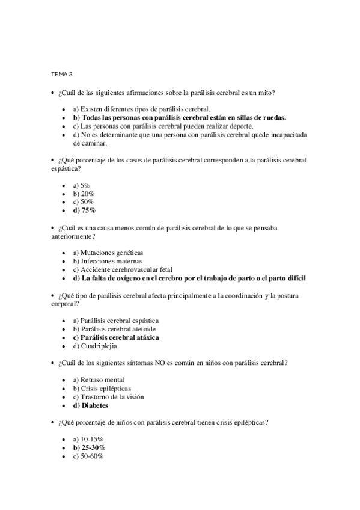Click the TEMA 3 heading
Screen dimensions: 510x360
61,74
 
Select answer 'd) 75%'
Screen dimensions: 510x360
84,211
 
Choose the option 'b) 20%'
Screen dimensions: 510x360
83,194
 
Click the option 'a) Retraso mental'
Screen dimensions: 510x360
99,380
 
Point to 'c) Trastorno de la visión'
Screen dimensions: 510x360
108,397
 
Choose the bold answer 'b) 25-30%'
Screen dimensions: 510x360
89,447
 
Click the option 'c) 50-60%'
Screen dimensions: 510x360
88,456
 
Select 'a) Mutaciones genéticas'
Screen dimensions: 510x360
108,253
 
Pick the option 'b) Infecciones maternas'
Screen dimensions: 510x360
108,262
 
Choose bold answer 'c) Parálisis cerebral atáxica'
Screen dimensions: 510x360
116,338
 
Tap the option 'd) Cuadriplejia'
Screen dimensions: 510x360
95,346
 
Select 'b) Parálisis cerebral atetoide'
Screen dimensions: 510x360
114,330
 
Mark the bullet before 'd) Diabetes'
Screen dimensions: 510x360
64,406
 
